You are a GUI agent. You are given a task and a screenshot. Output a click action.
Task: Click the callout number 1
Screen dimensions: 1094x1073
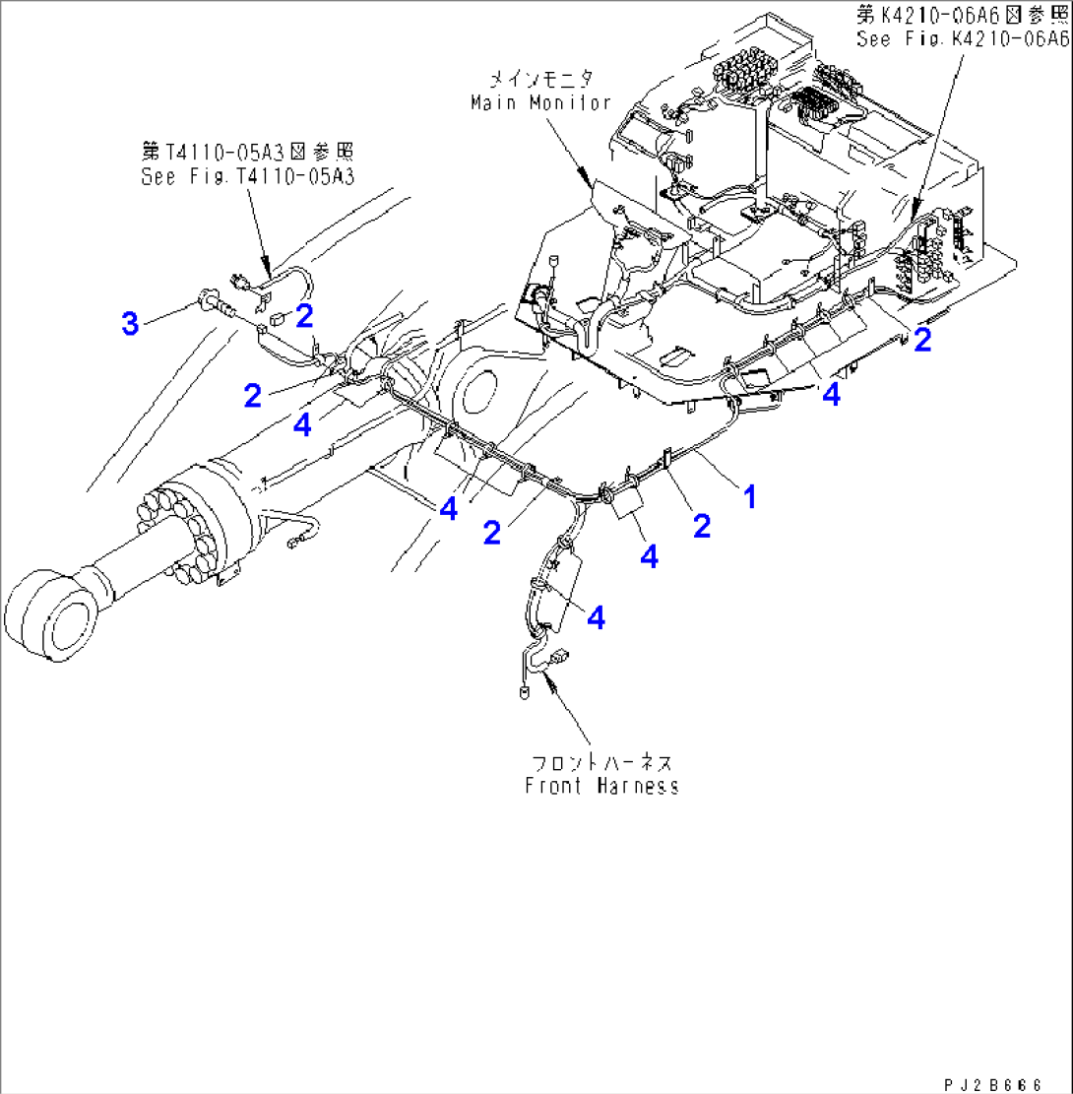[749, 496]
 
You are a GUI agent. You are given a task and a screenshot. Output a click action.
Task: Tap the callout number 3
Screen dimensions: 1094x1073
[130, 322]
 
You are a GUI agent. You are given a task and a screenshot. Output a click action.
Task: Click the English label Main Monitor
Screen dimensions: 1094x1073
[540, 102]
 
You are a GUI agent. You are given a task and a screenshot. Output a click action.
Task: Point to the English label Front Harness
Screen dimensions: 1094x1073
[601, 786]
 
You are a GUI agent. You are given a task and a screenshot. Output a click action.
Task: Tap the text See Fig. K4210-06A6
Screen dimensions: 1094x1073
[963, 38]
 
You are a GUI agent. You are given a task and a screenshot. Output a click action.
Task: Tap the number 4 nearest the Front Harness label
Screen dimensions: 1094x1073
[596, 617]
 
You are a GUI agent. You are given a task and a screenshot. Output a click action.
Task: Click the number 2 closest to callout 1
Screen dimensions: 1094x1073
[701, 526]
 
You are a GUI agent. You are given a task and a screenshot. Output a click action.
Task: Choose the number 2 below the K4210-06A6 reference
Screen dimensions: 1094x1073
[922, 340]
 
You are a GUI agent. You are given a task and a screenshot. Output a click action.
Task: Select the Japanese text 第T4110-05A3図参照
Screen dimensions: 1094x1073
[246, 152]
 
